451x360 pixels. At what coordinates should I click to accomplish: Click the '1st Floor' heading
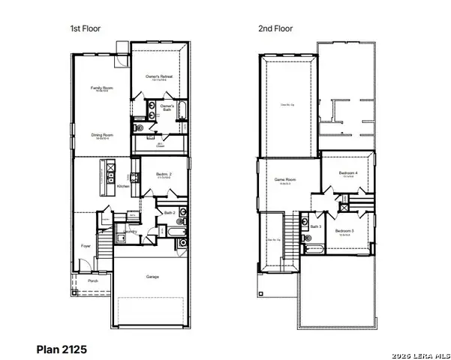tap(86, 28)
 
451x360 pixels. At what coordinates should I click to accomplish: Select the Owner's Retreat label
tap(159, 76)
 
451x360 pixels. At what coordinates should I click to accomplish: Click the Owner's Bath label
tap(168, 107)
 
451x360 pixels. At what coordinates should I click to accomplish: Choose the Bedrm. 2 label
tap(164, 175)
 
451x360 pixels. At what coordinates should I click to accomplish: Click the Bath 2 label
tap(170, 213)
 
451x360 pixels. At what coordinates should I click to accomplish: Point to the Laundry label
tap(131, 232)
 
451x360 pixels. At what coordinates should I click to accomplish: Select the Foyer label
tap(86, 245)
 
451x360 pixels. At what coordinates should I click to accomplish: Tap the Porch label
tap(93, 282)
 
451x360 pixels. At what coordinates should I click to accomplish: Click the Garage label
tap(152, 276)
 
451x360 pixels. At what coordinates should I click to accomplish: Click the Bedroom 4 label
tap(347, 174)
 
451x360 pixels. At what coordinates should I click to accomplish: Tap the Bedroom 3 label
tap(344, 231)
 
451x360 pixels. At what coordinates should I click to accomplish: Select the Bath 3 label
tap(315, 226)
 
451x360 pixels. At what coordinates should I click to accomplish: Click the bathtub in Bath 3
tap(313, 248)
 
